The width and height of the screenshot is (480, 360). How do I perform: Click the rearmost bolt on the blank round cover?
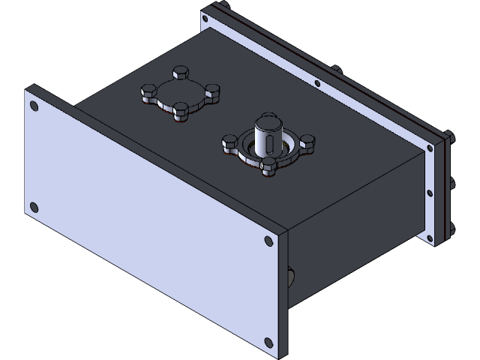point(181,72)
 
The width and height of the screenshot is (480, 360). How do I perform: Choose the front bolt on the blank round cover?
point(181,112)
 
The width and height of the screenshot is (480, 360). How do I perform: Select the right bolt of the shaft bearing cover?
point(307,140)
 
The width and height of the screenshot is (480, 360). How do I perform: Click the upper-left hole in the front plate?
point(34,106)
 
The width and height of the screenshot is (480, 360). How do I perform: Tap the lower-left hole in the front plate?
point(34,207)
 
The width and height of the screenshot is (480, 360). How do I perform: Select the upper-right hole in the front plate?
point(268,241)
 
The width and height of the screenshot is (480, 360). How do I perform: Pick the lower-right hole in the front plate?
point(268,343)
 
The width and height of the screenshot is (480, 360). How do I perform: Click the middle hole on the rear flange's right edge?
point(430,193)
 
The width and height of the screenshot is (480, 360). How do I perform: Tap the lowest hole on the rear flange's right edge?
point(430,238)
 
